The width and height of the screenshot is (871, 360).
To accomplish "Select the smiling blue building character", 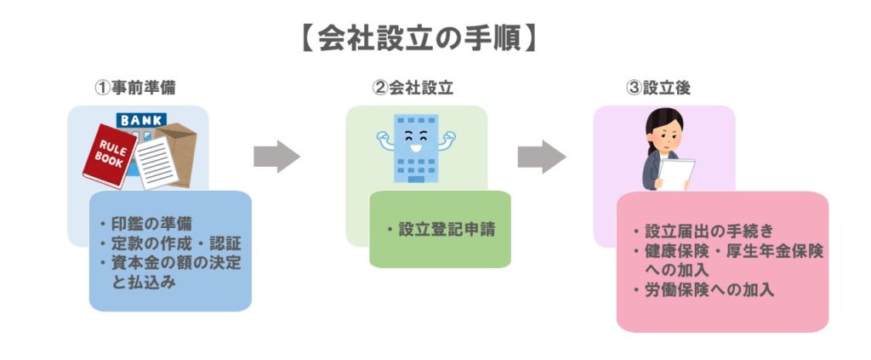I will pyautogui.click(x=413, y=147).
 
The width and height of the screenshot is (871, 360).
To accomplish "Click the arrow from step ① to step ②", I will pyautogui.click(x=276, y=155).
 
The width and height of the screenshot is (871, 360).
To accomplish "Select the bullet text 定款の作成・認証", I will pyautogui.click(x=167, y=244).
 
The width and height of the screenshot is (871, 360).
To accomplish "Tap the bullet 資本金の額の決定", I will pyautogui.click(x=174, y=263).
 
